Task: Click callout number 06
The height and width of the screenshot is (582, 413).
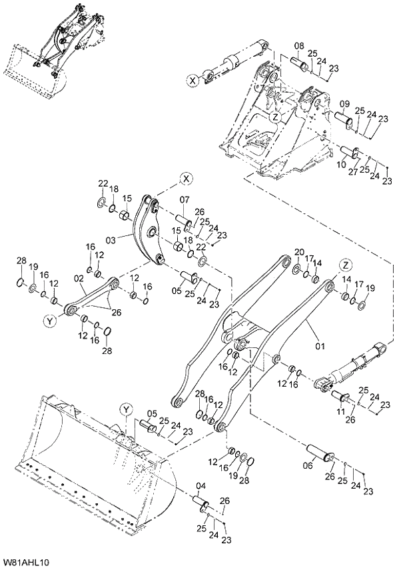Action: coord(307,466)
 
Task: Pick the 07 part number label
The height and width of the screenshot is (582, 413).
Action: coord(185,199)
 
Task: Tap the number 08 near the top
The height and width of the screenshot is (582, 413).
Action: coord(300,45)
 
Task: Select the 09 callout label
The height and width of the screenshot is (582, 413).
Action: coord(344,103)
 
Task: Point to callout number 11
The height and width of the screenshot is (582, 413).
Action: coord(341,413)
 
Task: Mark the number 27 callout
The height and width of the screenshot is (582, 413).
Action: coord(354,171)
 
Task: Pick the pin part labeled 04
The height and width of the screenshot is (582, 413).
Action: coord(202,501)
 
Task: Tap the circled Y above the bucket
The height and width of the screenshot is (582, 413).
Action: coord(127,409)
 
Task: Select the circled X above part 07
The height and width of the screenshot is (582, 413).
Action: coord(186,178)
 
